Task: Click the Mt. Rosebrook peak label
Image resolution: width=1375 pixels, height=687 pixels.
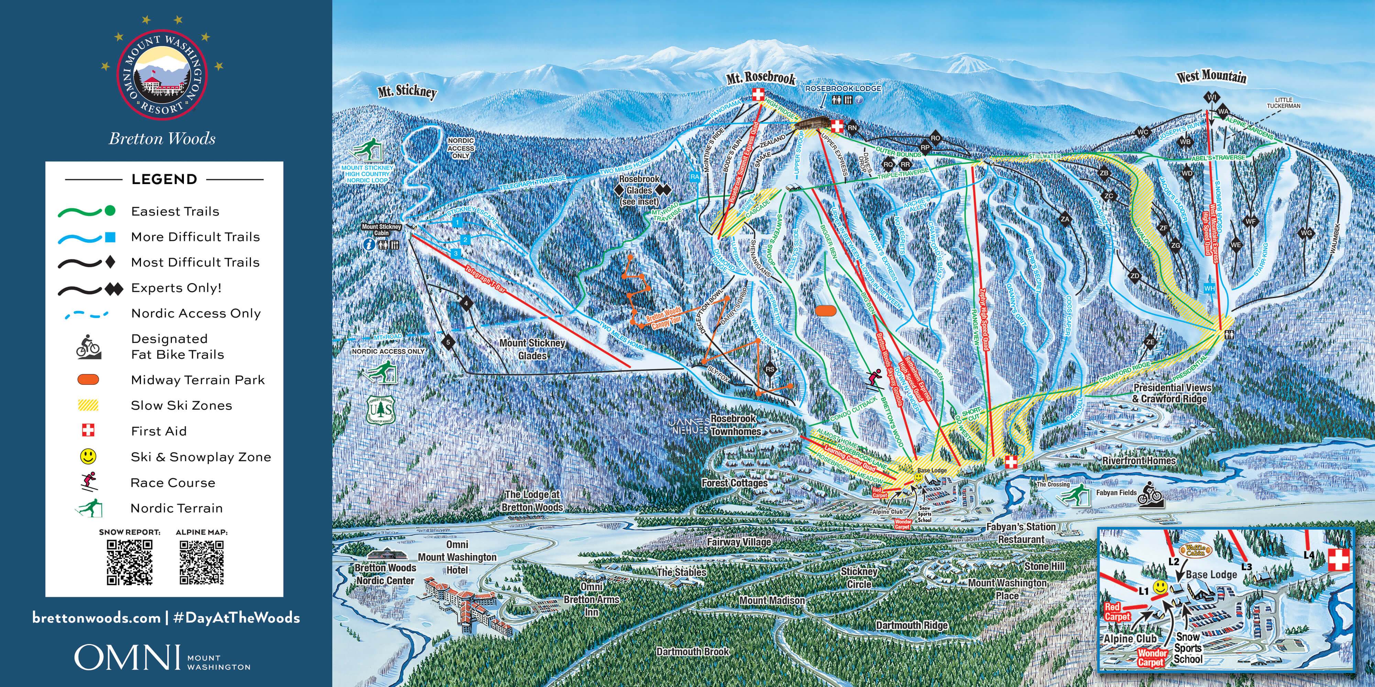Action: coord(761,78)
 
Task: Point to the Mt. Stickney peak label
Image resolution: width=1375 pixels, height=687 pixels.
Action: coord(407,91)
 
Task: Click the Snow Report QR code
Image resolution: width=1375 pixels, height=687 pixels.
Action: coord(129,562)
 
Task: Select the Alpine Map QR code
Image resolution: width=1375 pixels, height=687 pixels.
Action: coord(202,562)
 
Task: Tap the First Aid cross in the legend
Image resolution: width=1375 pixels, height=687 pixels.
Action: coord(88,430)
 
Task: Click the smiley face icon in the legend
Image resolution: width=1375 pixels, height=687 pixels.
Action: coord(88,457)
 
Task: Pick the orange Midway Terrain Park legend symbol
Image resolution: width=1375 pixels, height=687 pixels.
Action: coord(88,380)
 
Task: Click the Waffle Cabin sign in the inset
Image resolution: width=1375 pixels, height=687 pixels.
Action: coord(1196,550)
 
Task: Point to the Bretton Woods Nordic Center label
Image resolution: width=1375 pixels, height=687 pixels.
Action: coord(385,574)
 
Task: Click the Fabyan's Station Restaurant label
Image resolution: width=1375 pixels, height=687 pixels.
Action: coord(1021,533)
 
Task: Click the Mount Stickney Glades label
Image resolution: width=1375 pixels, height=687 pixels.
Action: coord(532,349)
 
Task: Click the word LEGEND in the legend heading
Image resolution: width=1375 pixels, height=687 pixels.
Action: coord(164,179)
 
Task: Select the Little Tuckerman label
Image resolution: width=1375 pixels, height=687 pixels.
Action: coord(1284,102)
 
